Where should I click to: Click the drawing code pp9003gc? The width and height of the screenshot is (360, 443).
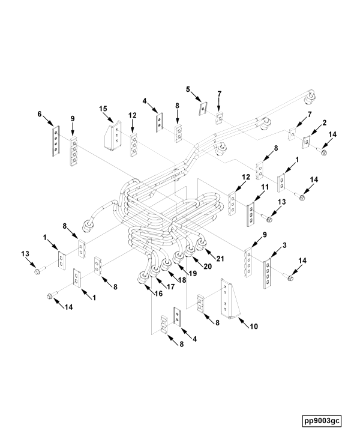click(x=322, y=421)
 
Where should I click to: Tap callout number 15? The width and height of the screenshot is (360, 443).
click(x=103, y=109)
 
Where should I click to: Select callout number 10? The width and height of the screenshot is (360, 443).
click(x=254, y=327)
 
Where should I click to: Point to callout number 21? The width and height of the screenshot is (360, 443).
click(x=220, y=259)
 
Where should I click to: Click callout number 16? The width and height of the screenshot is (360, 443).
click(x=158, y=294)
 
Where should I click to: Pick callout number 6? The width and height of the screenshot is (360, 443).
click(x=40, y=114)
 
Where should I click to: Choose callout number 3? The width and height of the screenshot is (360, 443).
click(x=284, y=246)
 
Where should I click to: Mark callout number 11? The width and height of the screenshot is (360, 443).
click(x=265, y=187)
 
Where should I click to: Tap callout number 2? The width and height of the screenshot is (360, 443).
click(x=325, y=122)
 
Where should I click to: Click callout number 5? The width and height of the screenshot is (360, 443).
click(x=188, y=89)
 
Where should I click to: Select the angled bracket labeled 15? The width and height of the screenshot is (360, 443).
click(x=113, y=136)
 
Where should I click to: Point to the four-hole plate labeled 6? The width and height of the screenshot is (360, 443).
click(x=56, y=140)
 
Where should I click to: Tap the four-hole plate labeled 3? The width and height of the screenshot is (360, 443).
click(x=267, y=273)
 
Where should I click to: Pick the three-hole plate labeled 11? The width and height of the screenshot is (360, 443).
click(x=250, y=214)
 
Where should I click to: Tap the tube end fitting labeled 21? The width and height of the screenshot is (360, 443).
click(x=201, y=244)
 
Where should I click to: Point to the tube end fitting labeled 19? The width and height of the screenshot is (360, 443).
click(x=178, y=258)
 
